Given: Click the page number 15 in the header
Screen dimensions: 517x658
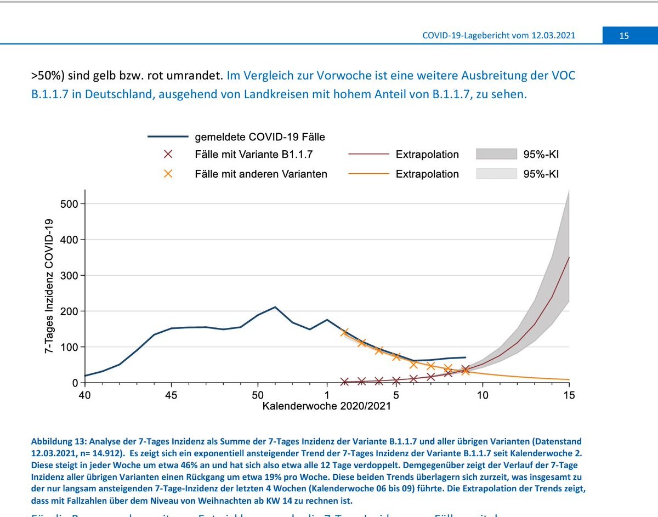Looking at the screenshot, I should point(624,36).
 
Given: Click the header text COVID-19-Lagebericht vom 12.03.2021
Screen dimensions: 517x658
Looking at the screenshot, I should point(498,36).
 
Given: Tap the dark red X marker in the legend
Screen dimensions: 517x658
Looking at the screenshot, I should point(168,155).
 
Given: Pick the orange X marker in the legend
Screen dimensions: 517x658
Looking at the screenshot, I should point(168,174).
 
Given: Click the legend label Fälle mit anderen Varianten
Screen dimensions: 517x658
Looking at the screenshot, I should point(261,174).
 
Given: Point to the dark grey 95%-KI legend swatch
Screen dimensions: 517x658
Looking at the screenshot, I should point(497,154).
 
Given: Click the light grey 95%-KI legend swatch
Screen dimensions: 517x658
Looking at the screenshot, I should point(497,174).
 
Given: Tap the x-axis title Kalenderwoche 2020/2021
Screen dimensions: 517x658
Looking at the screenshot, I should point(327,406).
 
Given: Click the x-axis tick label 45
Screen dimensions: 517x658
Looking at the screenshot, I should point(171,395).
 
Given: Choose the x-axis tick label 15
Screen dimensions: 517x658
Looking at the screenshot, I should point(569,395).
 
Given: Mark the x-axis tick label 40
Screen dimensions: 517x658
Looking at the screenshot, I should point(84,395).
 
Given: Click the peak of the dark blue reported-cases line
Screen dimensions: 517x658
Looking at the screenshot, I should point(275,307).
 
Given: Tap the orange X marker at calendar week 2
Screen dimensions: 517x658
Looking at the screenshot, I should point(344,332).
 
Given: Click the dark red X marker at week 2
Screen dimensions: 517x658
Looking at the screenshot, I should point(344,382).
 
